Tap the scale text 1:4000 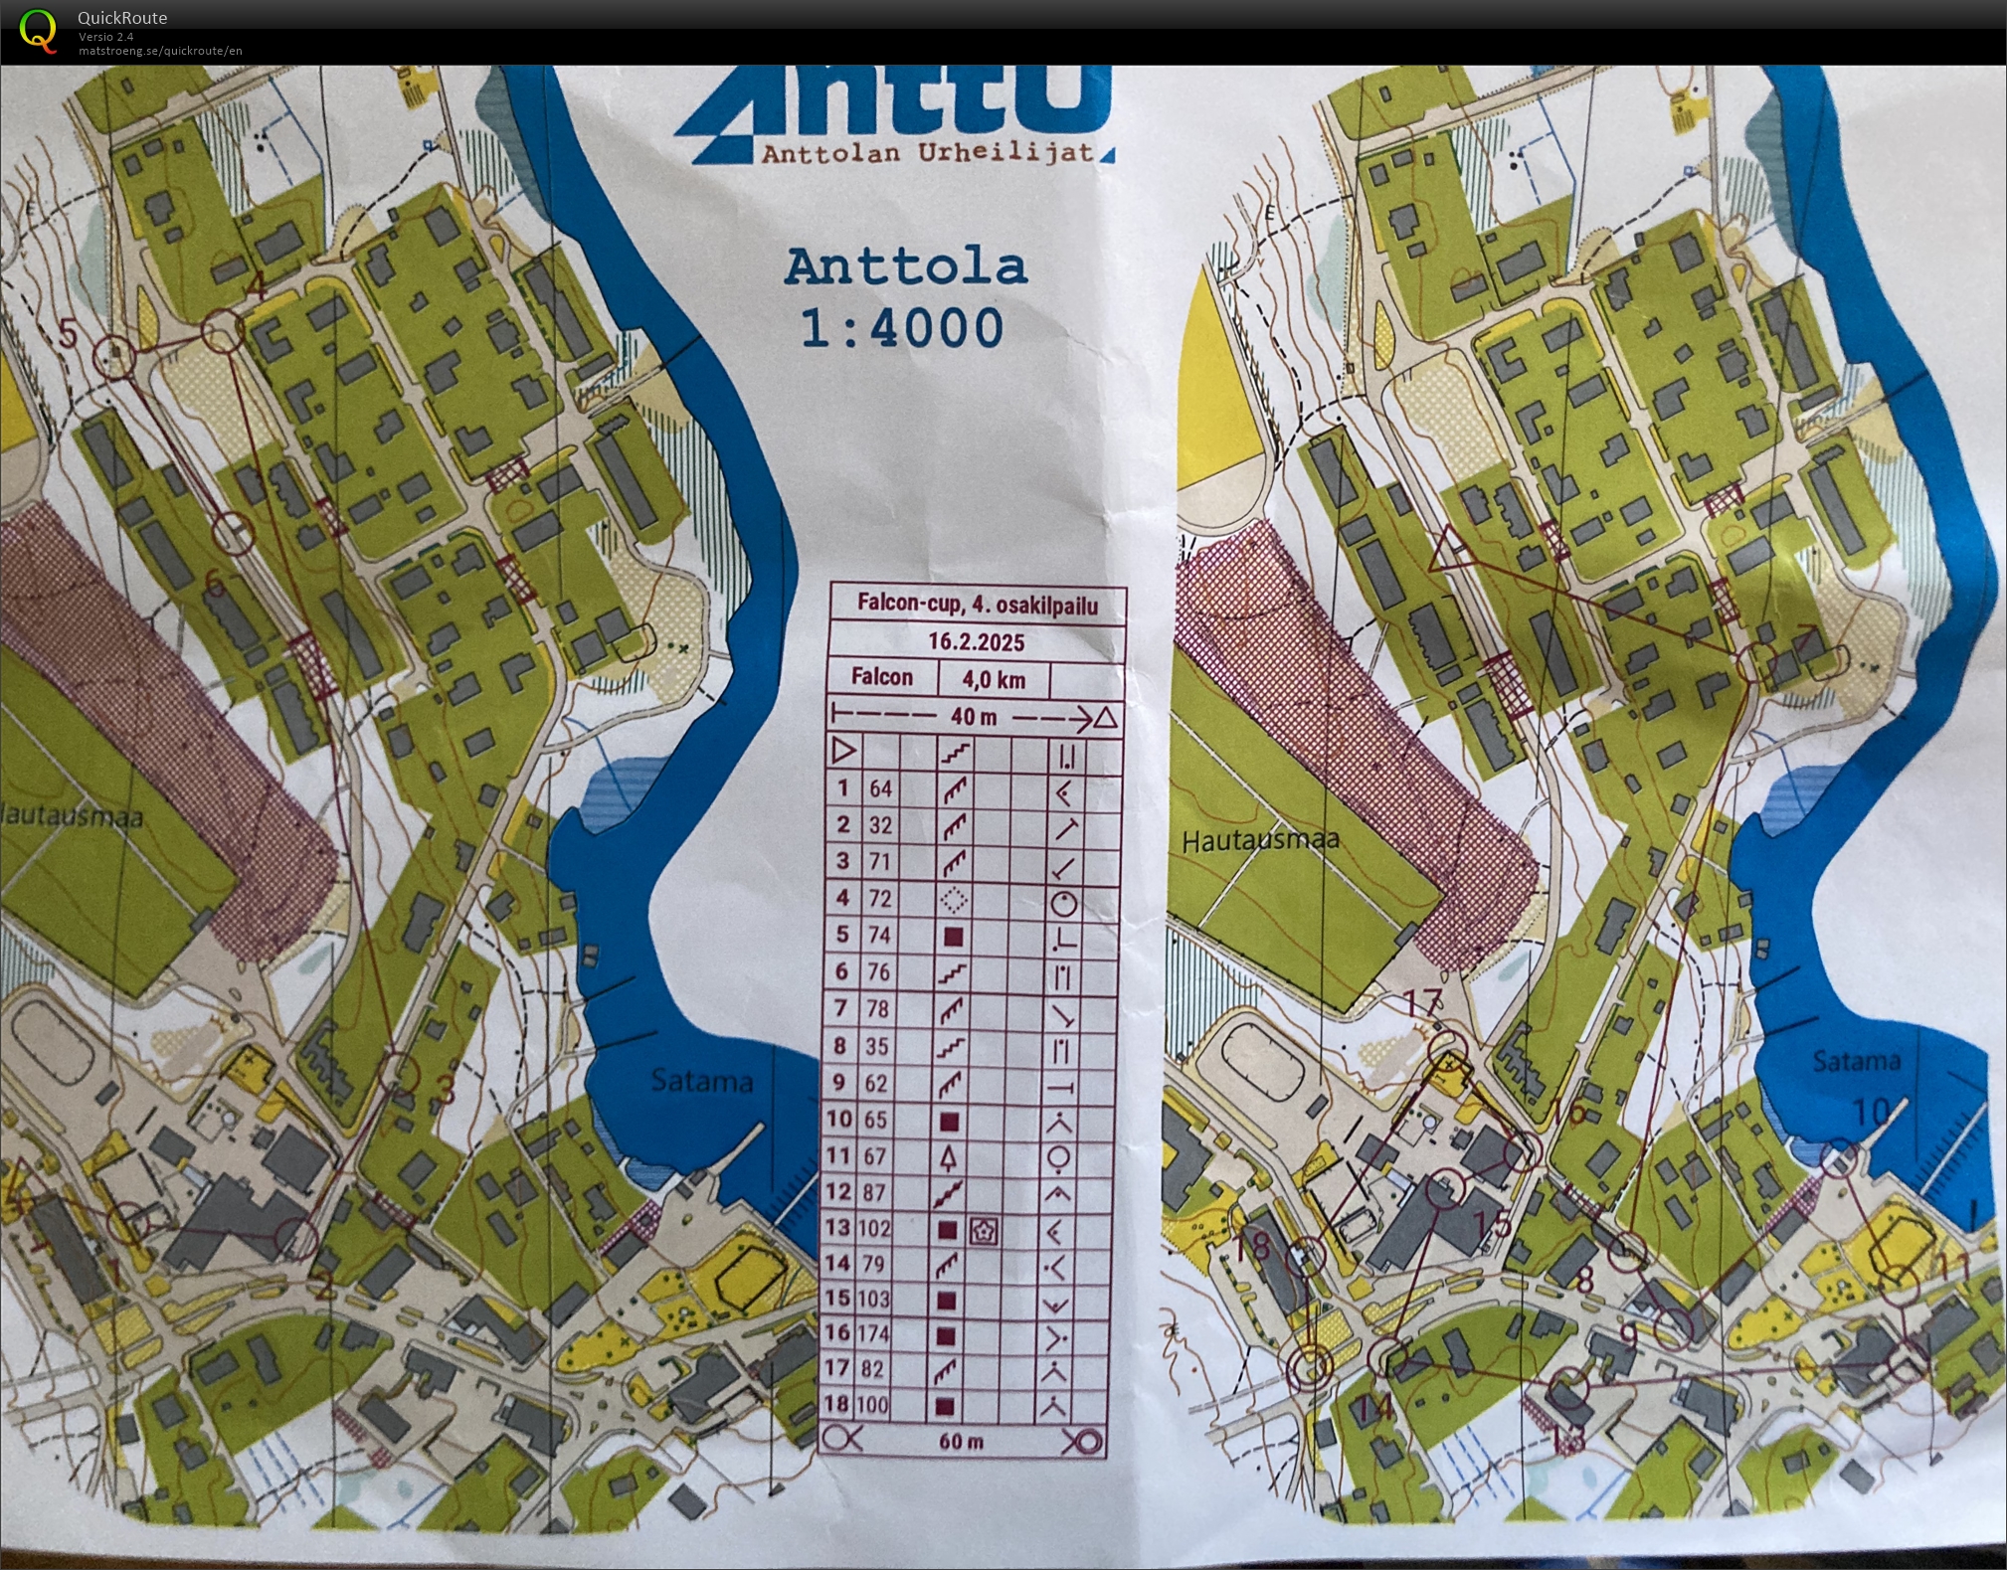902,328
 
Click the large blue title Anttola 905,266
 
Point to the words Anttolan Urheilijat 927,153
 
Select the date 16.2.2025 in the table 976,641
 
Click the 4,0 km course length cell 993,679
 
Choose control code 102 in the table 874,1227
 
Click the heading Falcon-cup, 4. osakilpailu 977,605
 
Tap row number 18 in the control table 837,1404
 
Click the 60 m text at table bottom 961,1441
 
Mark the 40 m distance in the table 973,716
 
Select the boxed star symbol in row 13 983,1231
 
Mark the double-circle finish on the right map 1311,1367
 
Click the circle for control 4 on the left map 221,332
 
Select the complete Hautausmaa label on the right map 1259,840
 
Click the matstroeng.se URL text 160,51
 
